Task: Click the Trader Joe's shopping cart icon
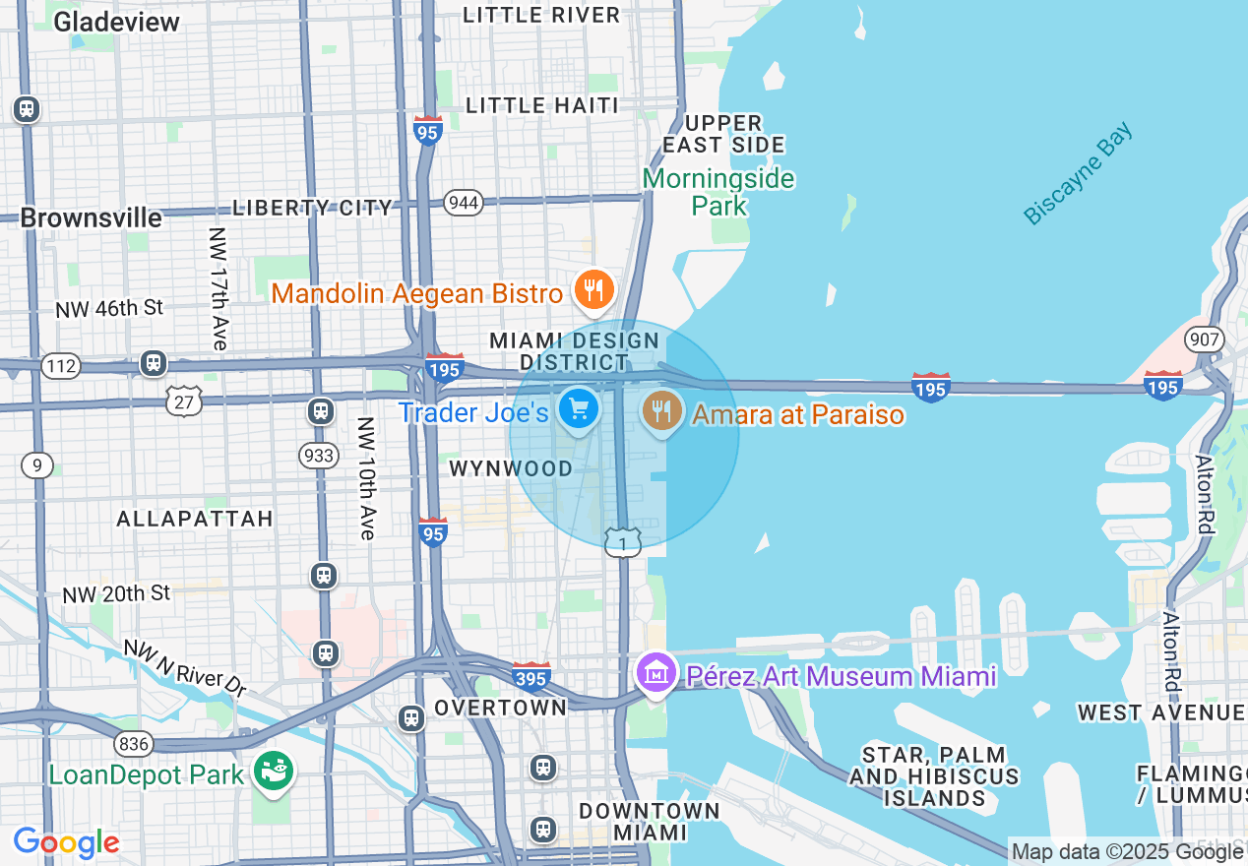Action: coord(578,407)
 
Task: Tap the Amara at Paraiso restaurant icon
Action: coord(663,408)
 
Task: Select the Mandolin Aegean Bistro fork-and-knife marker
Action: coord(594,290)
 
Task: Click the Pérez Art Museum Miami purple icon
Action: coord(655,674)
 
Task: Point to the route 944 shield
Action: coord(463,202)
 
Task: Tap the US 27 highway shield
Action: coord(184,400)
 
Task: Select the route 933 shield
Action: coord(319,455)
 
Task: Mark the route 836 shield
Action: coord(133,743)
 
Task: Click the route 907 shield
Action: coord(1205,340)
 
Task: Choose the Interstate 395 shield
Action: coord(530,676)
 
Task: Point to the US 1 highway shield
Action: coord(623,541)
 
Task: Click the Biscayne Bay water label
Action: coord(1078,173)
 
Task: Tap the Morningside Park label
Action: coord(718,192)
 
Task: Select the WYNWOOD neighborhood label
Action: coord(511,468)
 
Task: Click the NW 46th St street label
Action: coord(109,308)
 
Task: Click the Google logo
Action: coord(66,842)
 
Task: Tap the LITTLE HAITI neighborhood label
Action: coord(542,105)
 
